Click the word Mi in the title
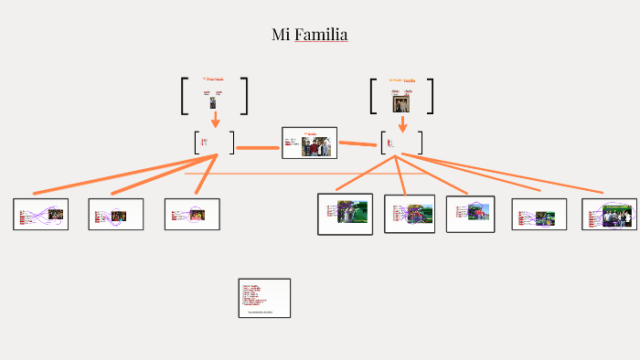281,35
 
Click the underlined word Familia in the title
321,35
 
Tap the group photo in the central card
316,145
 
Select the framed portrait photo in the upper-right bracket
400,102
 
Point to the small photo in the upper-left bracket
213,103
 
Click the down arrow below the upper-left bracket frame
216,121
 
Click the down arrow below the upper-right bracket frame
402,123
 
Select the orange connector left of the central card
258,147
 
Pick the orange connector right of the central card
359,143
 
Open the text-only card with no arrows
264,298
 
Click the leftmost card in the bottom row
42,214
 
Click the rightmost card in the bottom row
609,214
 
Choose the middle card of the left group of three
116,214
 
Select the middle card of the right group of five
470,214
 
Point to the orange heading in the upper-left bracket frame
213,79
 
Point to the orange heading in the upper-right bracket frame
401,80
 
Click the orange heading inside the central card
310,133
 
